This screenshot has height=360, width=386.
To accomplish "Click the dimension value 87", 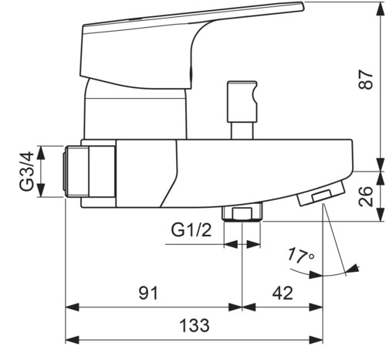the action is point(365,80).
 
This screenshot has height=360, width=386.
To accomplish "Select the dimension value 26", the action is point(365,196).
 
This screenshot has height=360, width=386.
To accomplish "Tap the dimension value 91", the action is point(148,293).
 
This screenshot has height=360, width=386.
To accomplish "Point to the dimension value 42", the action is point(283,293).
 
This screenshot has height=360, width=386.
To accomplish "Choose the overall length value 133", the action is point(195,325).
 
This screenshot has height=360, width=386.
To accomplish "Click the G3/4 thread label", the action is point(27,172).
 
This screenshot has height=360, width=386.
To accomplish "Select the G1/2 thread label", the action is point(191,230).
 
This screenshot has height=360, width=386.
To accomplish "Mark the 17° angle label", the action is point(300,256).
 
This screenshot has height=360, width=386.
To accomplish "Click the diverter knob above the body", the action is point(242,102).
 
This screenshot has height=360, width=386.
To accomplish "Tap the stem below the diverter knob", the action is point(242,131).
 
